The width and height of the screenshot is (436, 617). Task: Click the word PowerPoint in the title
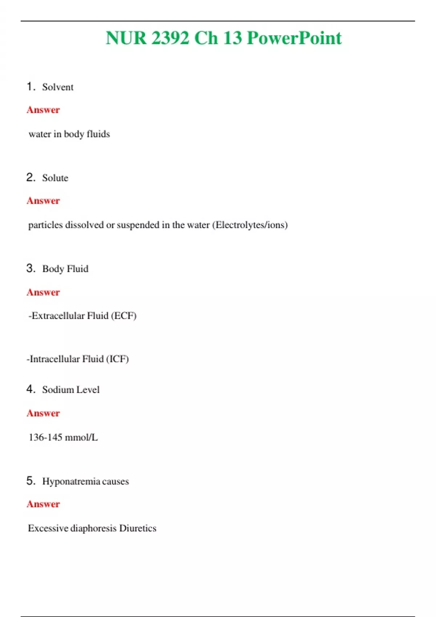point(294,38)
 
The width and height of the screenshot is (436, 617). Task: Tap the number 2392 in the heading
point(170,38)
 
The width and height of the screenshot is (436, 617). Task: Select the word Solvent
point(58,87)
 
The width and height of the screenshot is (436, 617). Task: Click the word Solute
point(55,178)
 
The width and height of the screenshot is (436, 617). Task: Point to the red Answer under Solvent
point(43,110)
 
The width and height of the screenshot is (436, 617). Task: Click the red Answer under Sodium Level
point(43,413)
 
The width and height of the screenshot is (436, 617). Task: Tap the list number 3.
point(30,268)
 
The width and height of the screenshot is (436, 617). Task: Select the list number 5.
point(30,481)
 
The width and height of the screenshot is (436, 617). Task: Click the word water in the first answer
point(40,134)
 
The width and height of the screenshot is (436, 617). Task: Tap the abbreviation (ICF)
point(117,359)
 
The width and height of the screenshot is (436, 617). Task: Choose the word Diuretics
point(138,528)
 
